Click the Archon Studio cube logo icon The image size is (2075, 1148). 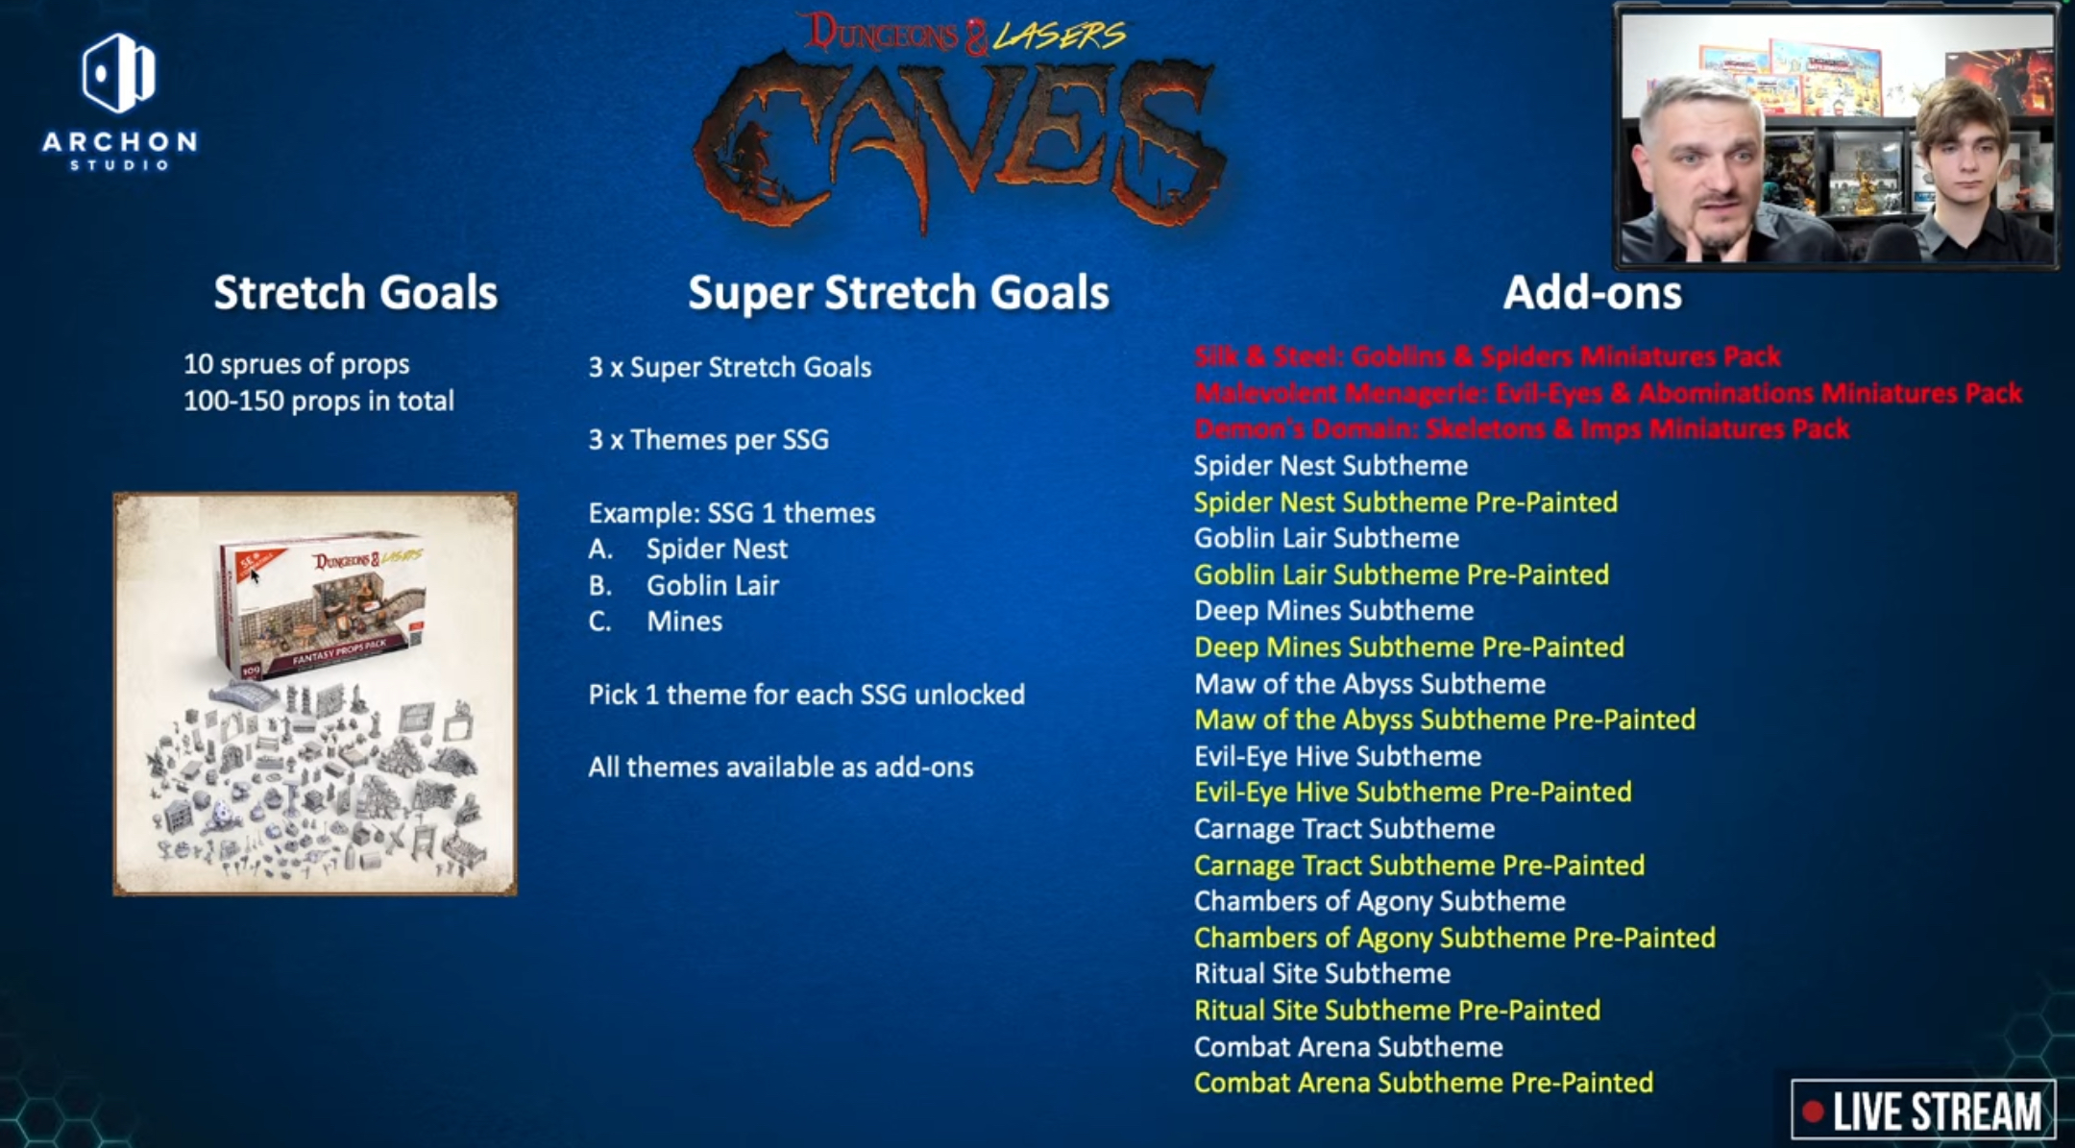coord(119,73)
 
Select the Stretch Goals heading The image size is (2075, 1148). coord(355,292)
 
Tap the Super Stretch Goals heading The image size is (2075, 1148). coord(898,293)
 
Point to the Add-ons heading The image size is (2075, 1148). coord(1592,293)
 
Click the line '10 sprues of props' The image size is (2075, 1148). coord(296,364)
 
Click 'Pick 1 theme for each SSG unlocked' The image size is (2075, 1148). coord(806,695)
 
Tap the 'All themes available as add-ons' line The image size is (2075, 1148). coord(781,767)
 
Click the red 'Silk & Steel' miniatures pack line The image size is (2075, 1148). coord(1487,356)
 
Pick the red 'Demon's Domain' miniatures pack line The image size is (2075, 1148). coord(1522,428)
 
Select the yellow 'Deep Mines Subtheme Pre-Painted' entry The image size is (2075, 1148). coord(1409,647)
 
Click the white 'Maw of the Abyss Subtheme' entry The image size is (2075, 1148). coord(1370,684)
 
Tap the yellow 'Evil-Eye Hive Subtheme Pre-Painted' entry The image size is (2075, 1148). coord(1413,793)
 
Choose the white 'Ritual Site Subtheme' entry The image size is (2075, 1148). coord(1322,974)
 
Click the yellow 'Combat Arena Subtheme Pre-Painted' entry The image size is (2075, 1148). coord(1424,1083)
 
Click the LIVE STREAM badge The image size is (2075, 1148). coord(1923,1111)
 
